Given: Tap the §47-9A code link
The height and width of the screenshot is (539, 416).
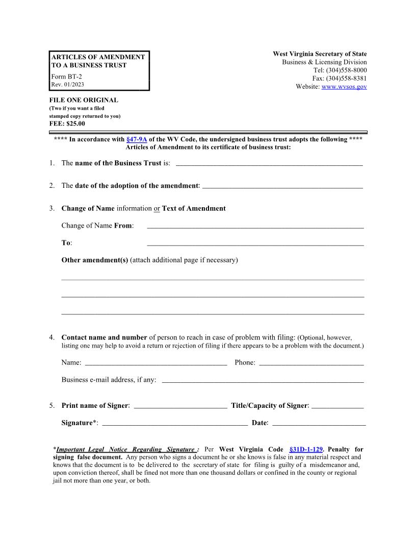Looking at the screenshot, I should coord(136,139).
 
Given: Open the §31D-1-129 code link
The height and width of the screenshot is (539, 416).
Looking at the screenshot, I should coord(305,449).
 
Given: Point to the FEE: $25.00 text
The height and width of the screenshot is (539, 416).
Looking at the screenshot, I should coord(67,124).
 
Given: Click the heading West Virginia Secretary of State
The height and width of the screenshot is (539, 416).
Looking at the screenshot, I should coord(320,54).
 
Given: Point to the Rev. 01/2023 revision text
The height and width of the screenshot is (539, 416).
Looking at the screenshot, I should coord(68,85).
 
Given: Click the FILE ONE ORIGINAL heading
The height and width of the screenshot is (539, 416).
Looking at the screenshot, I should coord(84,101).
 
